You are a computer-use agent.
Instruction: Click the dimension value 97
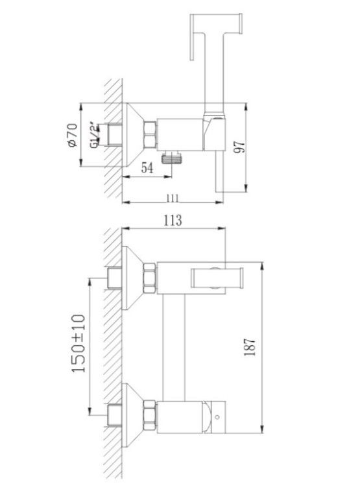[x=239, y=147]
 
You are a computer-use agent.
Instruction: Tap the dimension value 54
[x=147, y=168]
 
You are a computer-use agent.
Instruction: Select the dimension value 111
[x=173, y=198]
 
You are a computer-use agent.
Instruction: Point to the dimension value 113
[x=173, y=220]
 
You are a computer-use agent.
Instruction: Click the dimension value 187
[x=250, y=347]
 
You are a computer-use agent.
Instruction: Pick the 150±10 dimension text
[x=78, y=344]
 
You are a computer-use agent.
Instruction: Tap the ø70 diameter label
[x=72, y=135]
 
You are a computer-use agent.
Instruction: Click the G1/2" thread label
[x=95, y=136]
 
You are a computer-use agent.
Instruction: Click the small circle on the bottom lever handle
[x=217, y=417]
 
